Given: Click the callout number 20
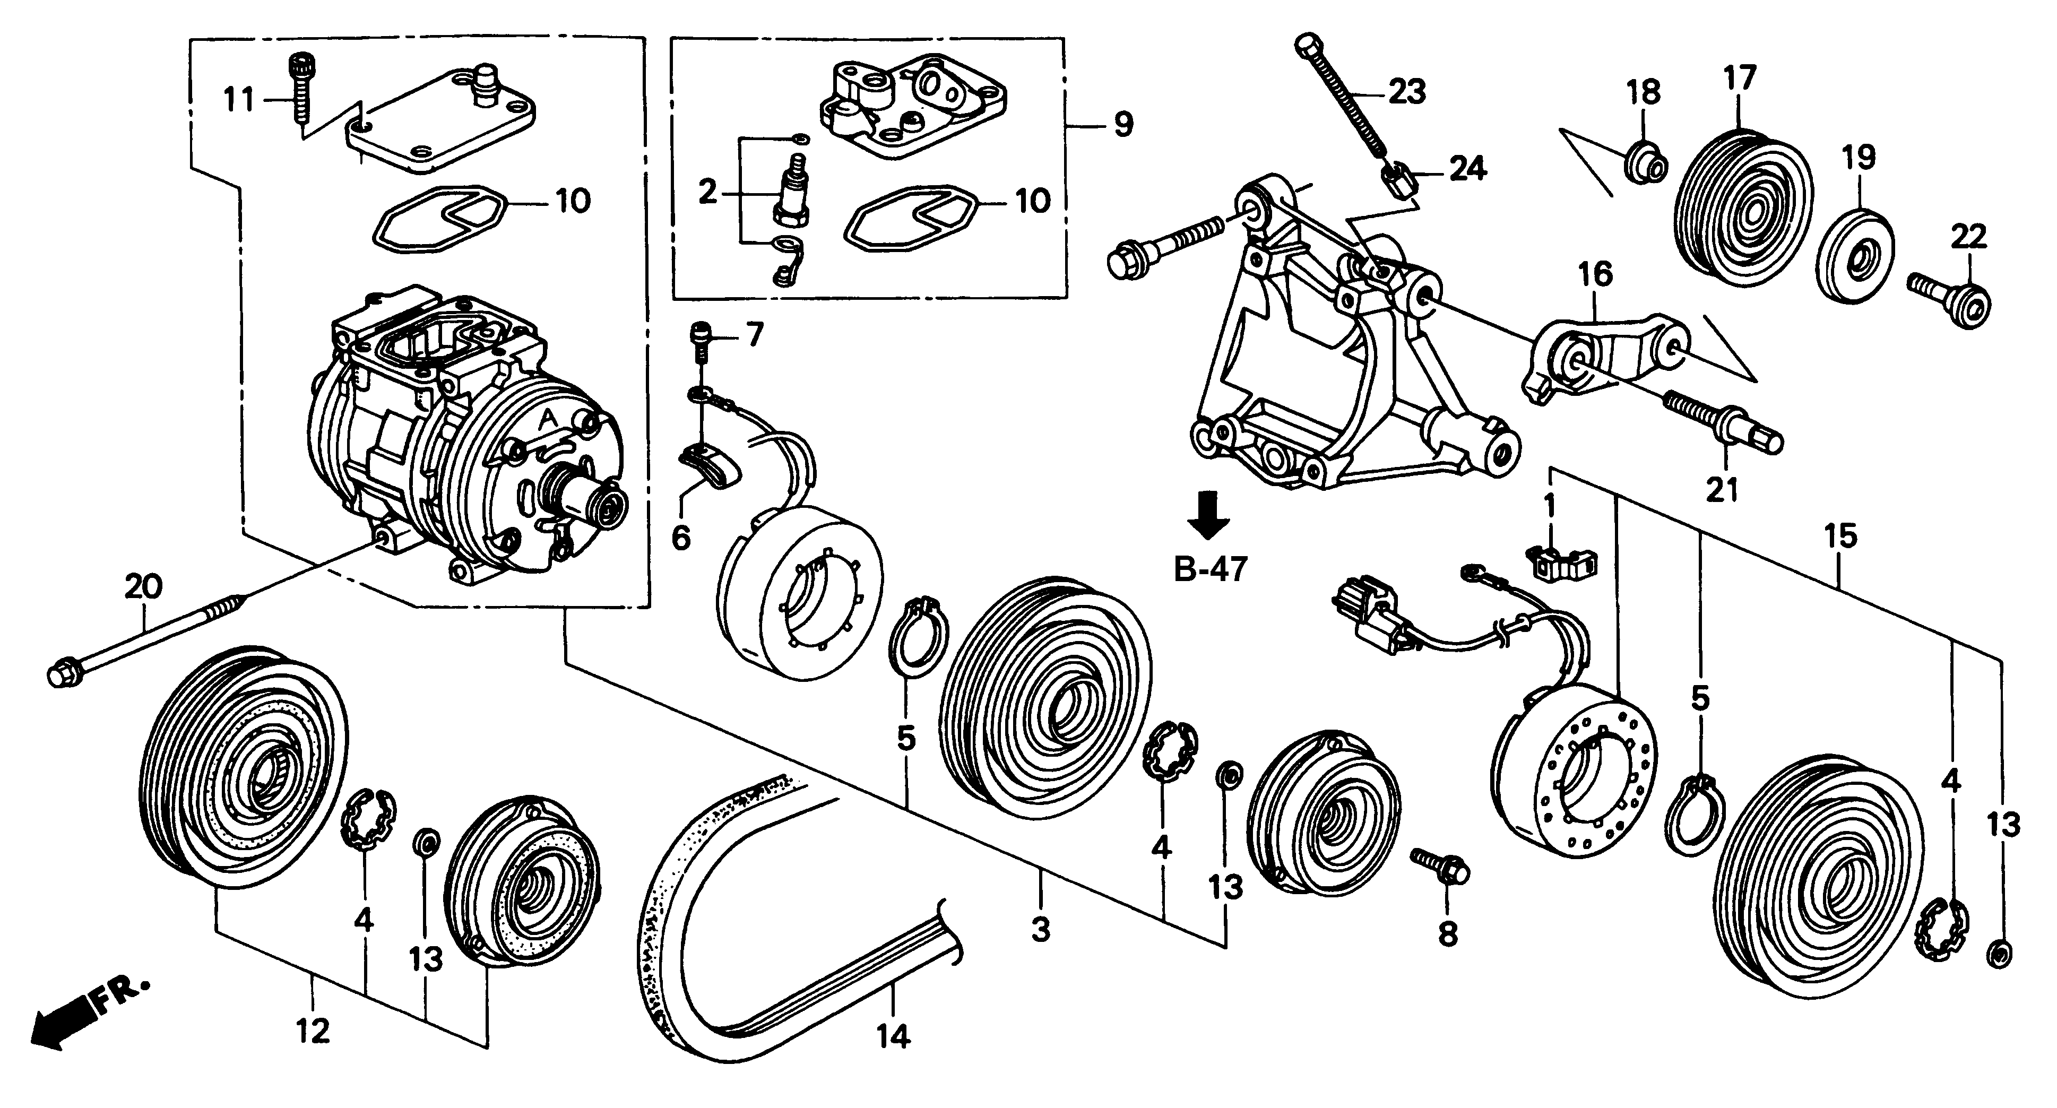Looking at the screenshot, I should pyautogui.click(x=144, y=587).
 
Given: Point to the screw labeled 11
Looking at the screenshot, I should pyautogui.click(x=300, y=94).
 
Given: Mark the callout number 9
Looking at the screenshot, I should pyautogui.click(x=1123, y=124).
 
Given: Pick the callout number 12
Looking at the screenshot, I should pyautogui.click(x=313, y=1032).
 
